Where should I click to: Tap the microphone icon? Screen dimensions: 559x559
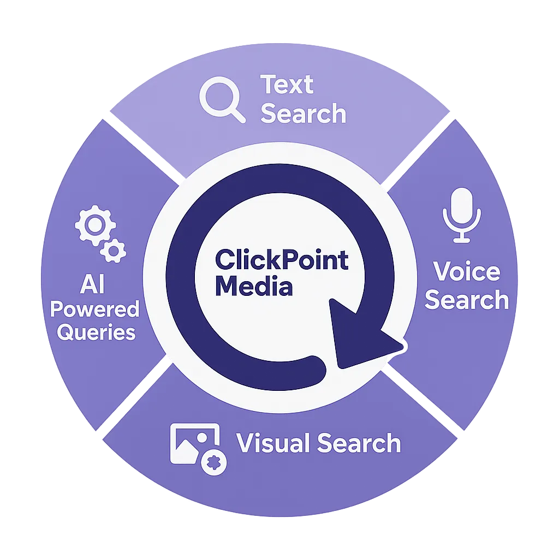pos(462,215)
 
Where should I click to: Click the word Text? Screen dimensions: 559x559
pos(287,85)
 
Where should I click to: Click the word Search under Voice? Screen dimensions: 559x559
pos(467,300)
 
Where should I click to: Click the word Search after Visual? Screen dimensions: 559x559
pos(359,443)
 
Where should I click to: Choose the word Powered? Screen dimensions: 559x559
pos(95,310)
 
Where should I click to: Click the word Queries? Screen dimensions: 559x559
pos(96,332)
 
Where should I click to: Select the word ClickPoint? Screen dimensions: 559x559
pos(282,260)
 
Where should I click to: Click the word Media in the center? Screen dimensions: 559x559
pos(254,286)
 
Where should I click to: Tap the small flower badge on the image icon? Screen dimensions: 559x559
pos(215,462)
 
